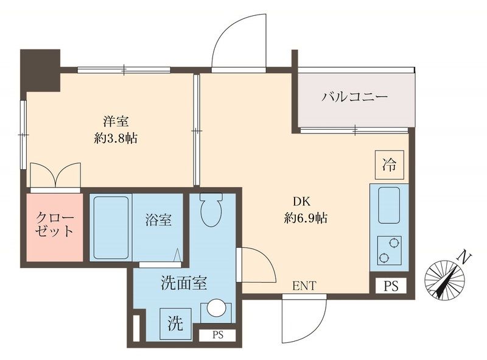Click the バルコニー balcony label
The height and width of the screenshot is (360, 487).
(x=354, y=97)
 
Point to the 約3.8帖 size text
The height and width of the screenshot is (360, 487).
(x=116, y=138)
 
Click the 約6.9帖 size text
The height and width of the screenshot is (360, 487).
(x=306, y=217)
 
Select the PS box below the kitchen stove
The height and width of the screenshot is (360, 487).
(x=390, y=286)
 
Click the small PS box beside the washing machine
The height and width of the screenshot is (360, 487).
(x=217, y=334)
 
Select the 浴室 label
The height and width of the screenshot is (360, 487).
(x=158, y=221)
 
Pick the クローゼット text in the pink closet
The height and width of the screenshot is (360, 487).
(x=55, y=225)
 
